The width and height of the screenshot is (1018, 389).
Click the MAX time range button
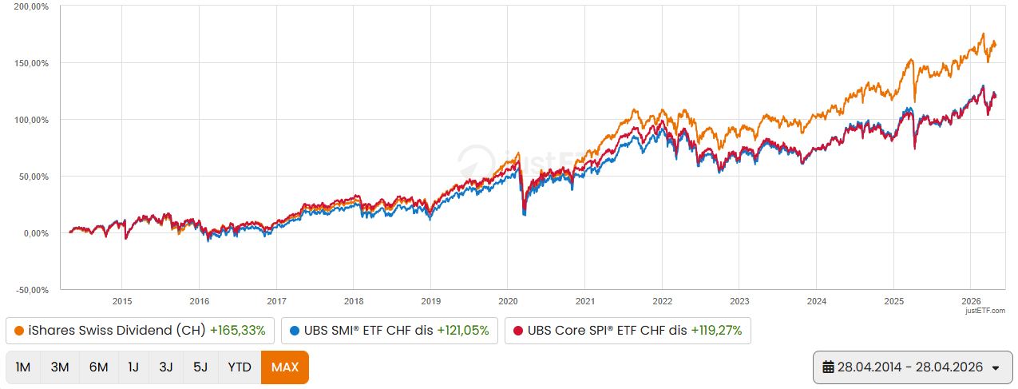pos(284,367)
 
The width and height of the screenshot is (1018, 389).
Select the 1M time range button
pos(23,367)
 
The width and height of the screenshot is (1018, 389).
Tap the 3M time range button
pos(60,367)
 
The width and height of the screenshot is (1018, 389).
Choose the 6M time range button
pos(98,367)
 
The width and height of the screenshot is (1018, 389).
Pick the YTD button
pos(239,367)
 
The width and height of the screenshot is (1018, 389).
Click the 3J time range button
pos(166,367)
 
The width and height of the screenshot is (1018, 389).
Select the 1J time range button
pos(133,367)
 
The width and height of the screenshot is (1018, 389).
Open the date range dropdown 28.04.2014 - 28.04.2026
pos(910,367)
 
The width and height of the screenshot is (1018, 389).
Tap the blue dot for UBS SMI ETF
pos(295,331)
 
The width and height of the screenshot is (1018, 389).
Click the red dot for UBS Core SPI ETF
pos(518,331)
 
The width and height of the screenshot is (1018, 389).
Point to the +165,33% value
pos(238,331)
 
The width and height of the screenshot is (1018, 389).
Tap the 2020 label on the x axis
pos(508,301)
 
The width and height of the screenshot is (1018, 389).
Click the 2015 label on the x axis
pos(121,301)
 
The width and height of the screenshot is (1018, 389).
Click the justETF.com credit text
pos(989,311)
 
